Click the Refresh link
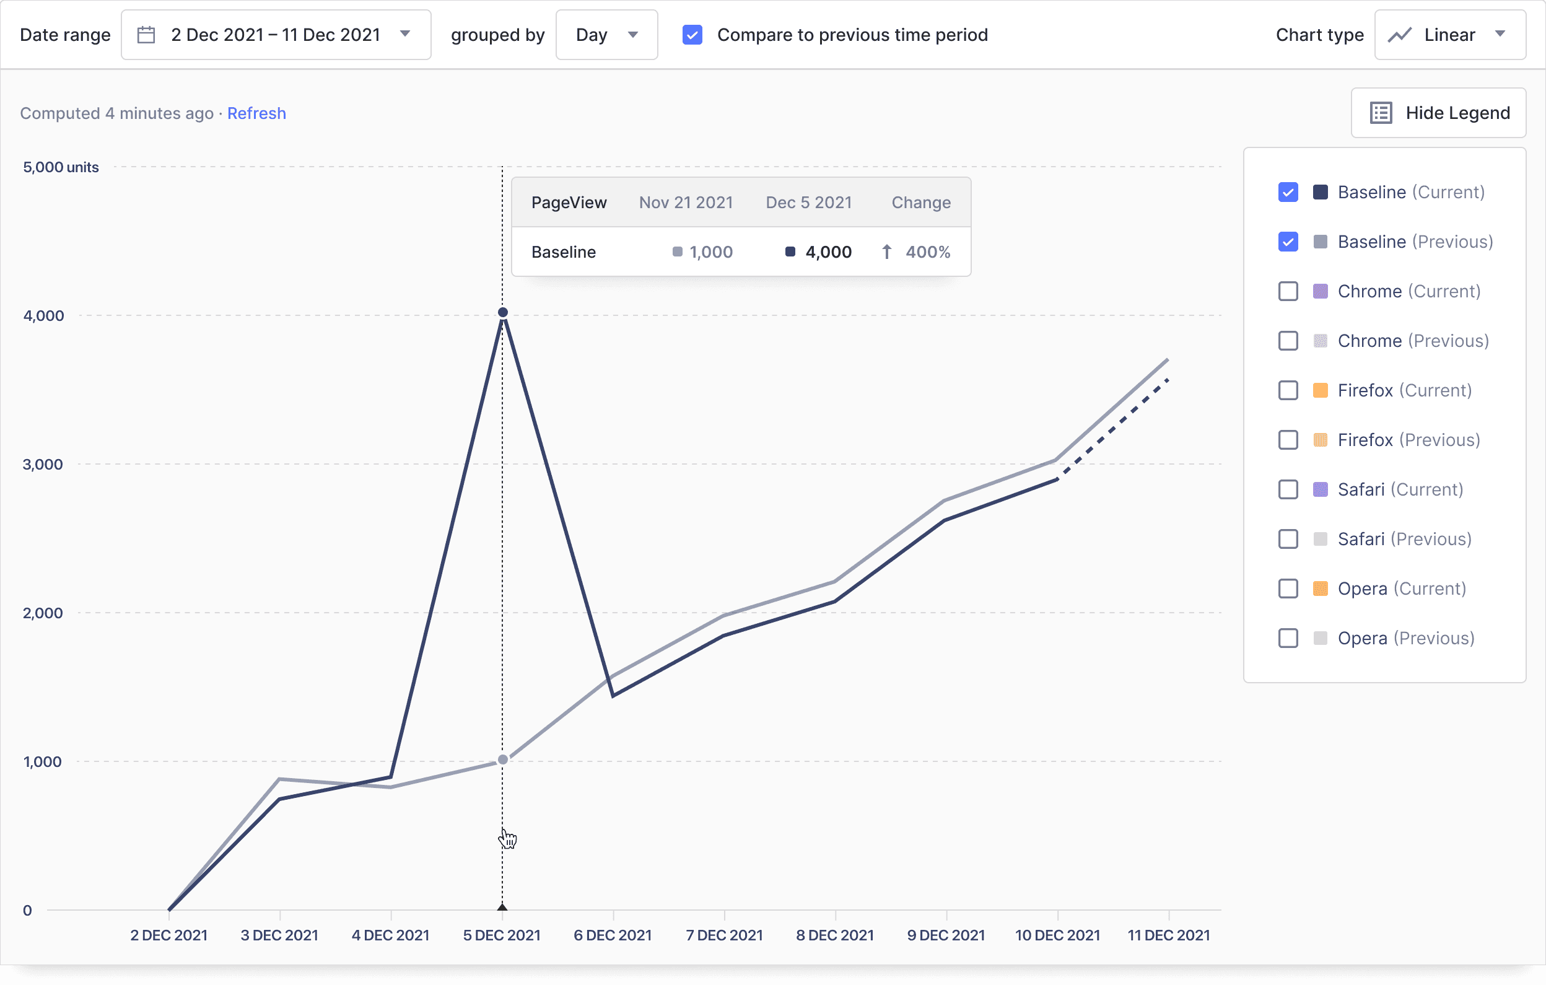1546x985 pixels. (256, 113)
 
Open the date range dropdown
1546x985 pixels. (276, 35)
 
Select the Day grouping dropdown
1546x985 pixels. (606, 35)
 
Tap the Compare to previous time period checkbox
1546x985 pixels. (692, 35)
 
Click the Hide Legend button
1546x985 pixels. (1438, 113)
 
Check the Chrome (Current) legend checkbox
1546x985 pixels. (1287, 291)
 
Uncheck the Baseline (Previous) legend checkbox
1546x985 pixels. (1287, 242)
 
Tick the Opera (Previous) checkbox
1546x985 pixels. (1287, 638)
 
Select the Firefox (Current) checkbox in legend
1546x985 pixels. (1287, 390)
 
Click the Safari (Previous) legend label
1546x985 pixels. (1404, 539)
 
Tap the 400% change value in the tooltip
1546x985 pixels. (927, 252)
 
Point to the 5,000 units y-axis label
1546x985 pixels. (61, 167)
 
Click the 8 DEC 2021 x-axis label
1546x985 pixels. (835, 935)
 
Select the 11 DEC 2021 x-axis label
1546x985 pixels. (1169, 935)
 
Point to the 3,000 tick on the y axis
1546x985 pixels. (43, 464)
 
